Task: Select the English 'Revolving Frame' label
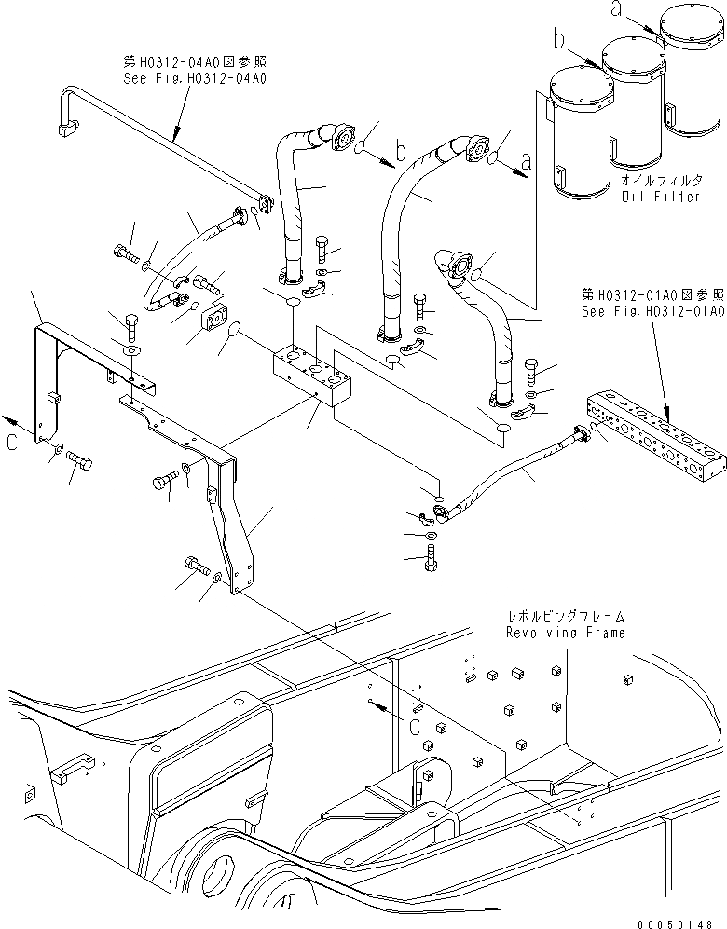[x=565, y=633]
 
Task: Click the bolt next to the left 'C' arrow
[x=79, y=461]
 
